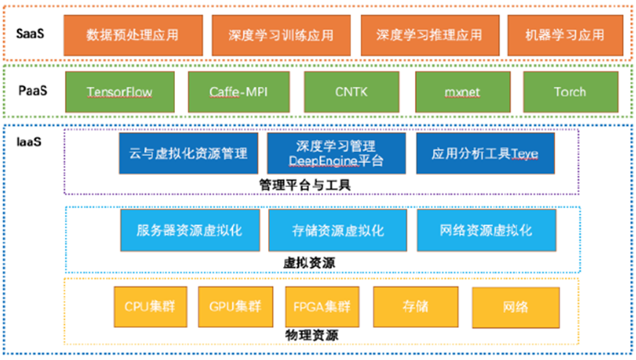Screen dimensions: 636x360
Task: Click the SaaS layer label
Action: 30,33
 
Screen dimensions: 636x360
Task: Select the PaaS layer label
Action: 32,90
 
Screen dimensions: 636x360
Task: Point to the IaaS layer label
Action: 29,142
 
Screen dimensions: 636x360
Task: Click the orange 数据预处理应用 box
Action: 133,35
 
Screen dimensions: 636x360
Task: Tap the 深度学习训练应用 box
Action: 281,35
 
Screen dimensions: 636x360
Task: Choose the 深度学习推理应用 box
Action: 430,35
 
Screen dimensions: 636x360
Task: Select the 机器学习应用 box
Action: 565,35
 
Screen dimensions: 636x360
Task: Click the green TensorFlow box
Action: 120,92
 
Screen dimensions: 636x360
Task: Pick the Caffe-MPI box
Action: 238,92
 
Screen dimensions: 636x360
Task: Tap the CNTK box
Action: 352,92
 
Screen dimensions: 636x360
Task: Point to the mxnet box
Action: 463,92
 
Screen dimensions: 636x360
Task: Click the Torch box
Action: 571,92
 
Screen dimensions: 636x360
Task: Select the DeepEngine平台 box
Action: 336,154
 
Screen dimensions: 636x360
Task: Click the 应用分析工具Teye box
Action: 485,154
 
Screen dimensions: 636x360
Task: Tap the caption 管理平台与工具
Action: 305,185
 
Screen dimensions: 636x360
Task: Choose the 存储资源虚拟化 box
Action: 337,230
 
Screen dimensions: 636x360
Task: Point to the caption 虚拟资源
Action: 309,263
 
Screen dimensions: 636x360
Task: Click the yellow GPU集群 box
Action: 236,306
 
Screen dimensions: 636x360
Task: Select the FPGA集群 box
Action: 322,306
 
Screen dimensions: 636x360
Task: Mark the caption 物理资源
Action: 312,335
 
